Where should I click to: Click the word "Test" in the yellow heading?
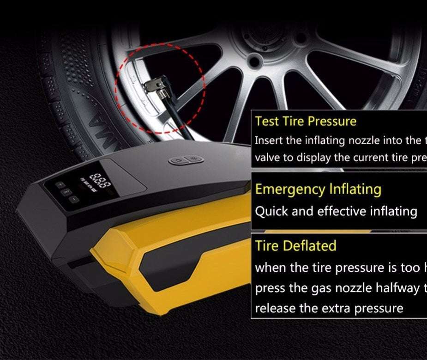click(x=266, y=122)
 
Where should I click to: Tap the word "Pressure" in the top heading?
click(x=332, y=122)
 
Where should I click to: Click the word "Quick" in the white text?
click(x=271, y=211)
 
